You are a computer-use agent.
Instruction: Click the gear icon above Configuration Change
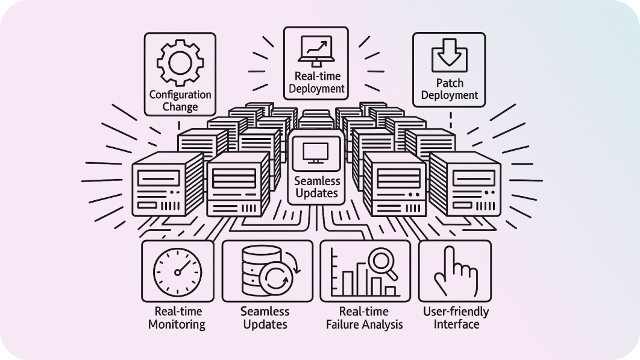point(180,63)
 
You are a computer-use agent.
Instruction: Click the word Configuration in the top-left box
point(180,95)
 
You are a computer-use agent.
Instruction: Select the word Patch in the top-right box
point(449,83)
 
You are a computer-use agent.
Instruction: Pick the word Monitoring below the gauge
point(177,324)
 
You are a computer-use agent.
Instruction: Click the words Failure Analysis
point(364,324)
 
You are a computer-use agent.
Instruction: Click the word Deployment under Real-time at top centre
point(316,89)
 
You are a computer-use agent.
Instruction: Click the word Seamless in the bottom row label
point(265,312)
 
